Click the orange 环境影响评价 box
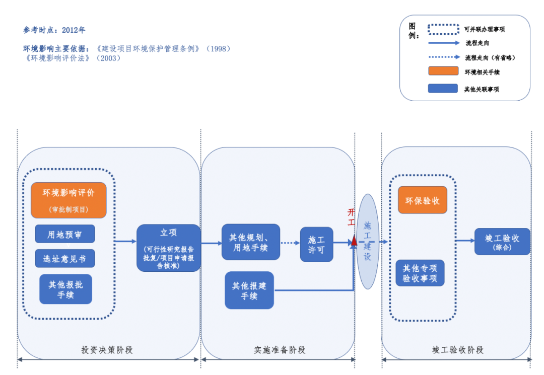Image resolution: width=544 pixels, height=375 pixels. [x=69, y=200]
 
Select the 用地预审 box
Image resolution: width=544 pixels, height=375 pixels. [x=65, y=234]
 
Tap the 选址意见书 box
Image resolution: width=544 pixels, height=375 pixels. [x=65, y=259]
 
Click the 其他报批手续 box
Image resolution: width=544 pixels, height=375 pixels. [x=65, y=289]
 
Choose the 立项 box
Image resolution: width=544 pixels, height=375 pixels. [x=168, y=248]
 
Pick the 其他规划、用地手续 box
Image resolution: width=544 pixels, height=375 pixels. [x=251, y=242]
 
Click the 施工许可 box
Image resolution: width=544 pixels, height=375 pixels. [x=316, y=245]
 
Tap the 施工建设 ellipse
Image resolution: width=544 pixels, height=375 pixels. [x=368, y=242]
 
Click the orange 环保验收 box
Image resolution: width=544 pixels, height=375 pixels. [x=422, y=200]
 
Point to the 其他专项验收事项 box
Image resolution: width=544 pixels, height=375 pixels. [x=420, y=273]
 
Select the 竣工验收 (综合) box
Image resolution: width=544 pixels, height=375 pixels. [x=502, y=242]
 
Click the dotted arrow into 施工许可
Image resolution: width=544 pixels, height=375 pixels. [x=290, y=243]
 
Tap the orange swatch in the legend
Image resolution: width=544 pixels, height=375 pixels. [x=443, y=71]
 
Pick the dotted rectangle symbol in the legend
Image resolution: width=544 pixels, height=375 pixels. [x=443, y=30]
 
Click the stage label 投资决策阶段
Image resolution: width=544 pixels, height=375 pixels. [x=107, y=350]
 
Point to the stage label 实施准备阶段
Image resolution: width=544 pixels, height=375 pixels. [x=280, y=350]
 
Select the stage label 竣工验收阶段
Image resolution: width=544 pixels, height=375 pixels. [x=458, y=350]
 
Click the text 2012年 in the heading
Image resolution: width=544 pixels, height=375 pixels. [x=74, y=30]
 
